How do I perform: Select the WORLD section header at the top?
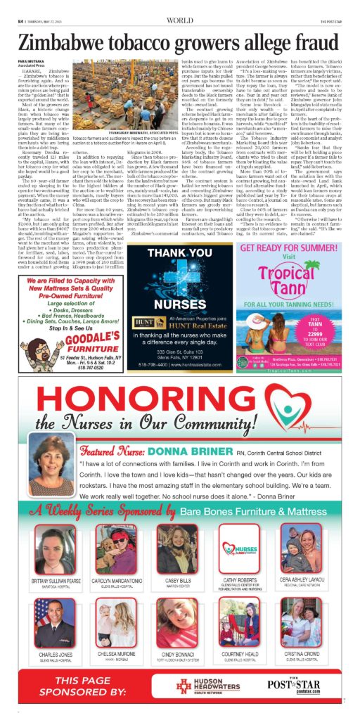179,9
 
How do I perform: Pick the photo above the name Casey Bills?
179,548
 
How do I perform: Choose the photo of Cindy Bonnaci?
179,623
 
